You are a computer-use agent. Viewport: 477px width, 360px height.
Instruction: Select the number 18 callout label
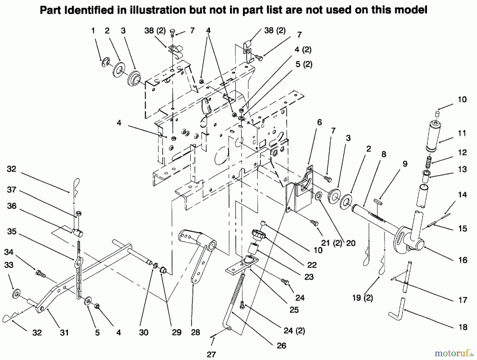click(x=463, y=327)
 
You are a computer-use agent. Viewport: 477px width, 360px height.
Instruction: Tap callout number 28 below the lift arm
click(x=195, y=332)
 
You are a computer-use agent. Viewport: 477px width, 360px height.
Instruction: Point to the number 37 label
click(x=12, y=190)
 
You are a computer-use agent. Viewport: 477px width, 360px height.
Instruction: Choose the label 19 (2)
click(x=363, y=298)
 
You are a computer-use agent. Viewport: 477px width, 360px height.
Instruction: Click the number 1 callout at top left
click(x=93, y=31)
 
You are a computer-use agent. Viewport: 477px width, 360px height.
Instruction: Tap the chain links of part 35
click(x=79, y=278)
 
